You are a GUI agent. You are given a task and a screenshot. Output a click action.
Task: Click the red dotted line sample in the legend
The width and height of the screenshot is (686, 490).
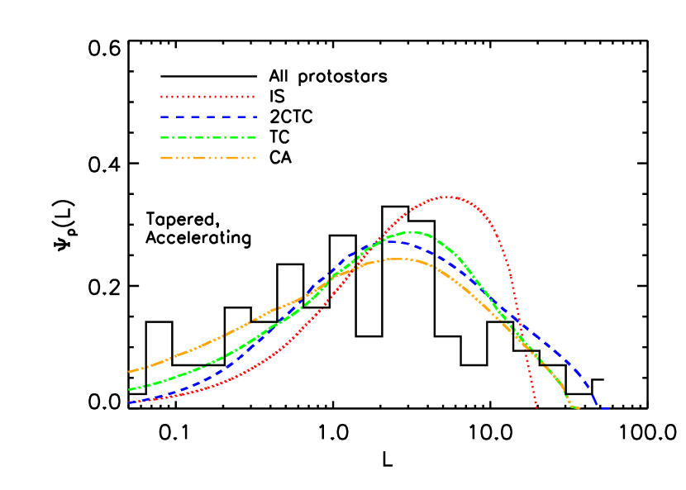207,97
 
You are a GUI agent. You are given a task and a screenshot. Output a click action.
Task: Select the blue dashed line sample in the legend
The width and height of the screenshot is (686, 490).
207,117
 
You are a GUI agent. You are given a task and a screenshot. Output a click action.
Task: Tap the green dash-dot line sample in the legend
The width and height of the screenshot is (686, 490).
207,137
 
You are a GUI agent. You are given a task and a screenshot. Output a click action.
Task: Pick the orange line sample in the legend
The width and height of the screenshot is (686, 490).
207,157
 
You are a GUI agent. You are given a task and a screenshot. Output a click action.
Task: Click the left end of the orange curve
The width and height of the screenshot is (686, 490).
130,372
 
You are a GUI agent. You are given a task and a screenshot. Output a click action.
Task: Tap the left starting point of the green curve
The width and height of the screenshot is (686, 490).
130,389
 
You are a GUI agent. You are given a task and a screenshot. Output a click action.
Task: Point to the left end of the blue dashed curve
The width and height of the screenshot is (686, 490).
130,402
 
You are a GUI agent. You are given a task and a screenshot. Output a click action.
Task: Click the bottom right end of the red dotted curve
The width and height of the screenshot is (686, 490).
536,407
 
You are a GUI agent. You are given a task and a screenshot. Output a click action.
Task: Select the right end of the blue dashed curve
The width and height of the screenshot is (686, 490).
607,408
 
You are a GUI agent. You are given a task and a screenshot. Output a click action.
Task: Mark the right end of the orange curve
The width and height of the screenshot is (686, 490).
578,408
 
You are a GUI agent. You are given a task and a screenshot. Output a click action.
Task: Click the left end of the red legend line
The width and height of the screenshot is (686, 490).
162,97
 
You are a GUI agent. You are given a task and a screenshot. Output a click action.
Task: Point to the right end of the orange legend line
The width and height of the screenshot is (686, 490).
254,157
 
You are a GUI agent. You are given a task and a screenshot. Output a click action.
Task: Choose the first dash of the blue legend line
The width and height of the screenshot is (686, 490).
165,117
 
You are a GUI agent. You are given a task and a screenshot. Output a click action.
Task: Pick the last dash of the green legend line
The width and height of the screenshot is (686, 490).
250,137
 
